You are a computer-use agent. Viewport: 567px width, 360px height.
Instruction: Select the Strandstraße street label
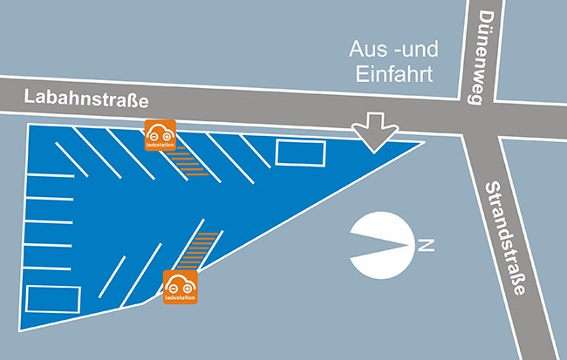click(x=503, y=236)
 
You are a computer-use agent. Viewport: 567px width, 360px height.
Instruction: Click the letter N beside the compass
click(x=426, y=246)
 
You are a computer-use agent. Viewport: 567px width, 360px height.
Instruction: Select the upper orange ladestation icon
click(x=161, y=135)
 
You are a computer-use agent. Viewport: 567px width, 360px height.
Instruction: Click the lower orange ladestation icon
click(x=181, y=287)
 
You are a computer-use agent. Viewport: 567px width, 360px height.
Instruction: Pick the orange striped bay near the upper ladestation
click(x=184, y=160)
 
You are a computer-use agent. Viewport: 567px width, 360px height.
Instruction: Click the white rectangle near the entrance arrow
click(x=301, y=153)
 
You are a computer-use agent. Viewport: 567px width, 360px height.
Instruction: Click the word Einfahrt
click(x=395, y=74)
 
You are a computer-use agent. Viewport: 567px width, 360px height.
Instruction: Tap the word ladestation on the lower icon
click(x=181, y=298)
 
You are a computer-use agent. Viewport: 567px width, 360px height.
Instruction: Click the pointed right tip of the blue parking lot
click(x=424, y=142)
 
